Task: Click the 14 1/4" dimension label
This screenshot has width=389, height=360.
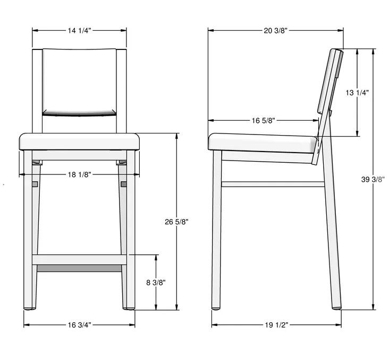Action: tap(79, 30)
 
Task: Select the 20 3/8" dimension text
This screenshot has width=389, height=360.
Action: tap(275, 30)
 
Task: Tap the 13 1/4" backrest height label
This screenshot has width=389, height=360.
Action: tap(357, 93)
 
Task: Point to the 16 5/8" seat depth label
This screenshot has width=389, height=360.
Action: tap(264, 121)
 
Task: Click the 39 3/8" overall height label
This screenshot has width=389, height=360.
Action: tap(373, 179)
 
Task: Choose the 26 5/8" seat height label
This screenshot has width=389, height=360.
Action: tap(176, 222)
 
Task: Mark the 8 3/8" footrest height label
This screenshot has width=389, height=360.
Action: tap(156, 282)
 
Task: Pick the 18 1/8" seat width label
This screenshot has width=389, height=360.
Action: tap(79, 174)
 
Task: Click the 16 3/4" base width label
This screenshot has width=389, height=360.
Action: tap(79, 325)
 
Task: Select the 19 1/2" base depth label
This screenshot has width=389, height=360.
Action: tap(276, 325)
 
